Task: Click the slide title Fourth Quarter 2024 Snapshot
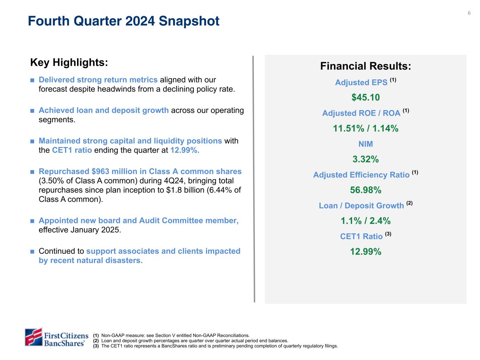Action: click(123, 21)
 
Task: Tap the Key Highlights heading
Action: click(69, 63)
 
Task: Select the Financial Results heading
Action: click(366, 66)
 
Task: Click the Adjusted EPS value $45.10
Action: click(366, 97)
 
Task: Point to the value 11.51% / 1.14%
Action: click(366, 128)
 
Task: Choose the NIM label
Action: click(366, 144)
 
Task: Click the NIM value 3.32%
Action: click(366, 159)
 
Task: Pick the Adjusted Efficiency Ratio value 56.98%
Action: click(366, 190)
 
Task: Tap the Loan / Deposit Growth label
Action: click(361, 206)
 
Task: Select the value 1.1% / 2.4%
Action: click(366, 221)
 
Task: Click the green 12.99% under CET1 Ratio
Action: click(366, 252)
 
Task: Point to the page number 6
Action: click(469, 13)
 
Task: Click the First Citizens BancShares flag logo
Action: click(33, 336)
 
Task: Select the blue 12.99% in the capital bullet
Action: click(185, 150)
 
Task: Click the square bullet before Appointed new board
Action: click(32, 221)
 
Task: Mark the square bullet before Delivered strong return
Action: click(32, 80)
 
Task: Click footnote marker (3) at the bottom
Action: click(96, 346)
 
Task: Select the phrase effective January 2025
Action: click(80, 230)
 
